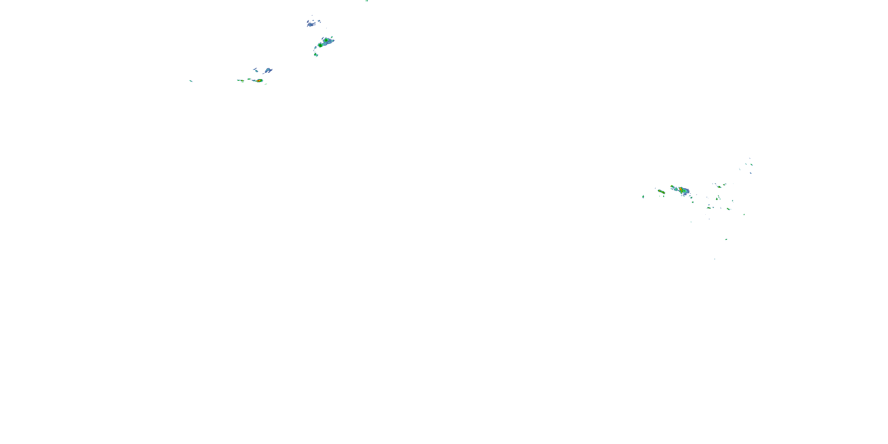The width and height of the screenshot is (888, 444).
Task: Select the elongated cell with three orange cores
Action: tap(661, 191)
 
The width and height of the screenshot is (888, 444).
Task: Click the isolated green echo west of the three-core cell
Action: tap(643, 197)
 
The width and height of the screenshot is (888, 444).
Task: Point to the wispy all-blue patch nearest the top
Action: tap(312, 23)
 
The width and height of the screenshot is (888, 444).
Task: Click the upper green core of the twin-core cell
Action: tap(326, 40)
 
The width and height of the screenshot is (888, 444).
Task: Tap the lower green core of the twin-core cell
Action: tap(320, 45)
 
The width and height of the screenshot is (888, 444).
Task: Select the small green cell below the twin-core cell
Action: tap(316, 54)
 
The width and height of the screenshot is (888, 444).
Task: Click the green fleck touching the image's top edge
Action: tap(367, 1)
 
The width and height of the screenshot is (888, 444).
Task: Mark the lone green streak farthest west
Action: tap(191, 81)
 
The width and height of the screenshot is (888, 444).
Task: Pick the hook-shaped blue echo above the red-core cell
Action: tap(268, 71)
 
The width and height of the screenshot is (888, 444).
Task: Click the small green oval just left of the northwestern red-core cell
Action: tap(249, 79)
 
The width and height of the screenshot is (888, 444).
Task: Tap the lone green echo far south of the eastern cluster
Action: tap(726, 239)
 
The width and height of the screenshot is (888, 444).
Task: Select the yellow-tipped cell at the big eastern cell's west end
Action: tap(672, 187)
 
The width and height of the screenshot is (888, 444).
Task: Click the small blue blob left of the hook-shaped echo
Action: tap(255, 70)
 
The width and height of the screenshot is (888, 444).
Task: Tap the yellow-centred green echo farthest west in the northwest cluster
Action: tap(241, 80)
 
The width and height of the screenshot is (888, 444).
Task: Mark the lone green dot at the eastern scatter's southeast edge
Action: tap(744, 214)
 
